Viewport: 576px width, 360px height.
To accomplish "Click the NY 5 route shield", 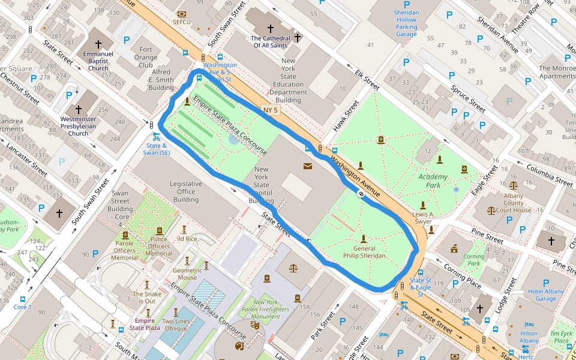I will [271, 110].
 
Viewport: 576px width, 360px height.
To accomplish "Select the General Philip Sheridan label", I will [364, 252].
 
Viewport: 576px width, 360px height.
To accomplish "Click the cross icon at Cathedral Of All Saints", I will [270, 28].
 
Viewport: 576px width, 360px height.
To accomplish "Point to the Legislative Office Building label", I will [186, 191].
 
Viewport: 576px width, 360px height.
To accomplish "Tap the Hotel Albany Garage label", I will [546, 295].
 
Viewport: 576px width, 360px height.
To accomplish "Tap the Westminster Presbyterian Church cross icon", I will [78, 110].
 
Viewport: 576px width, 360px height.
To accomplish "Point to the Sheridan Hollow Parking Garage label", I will [406, 23].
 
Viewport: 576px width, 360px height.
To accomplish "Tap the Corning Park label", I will [474, 260].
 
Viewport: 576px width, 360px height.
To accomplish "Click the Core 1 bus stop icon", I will [23, 299].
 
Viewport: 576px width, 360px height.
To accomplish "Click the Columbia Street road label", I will [547, 175].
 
